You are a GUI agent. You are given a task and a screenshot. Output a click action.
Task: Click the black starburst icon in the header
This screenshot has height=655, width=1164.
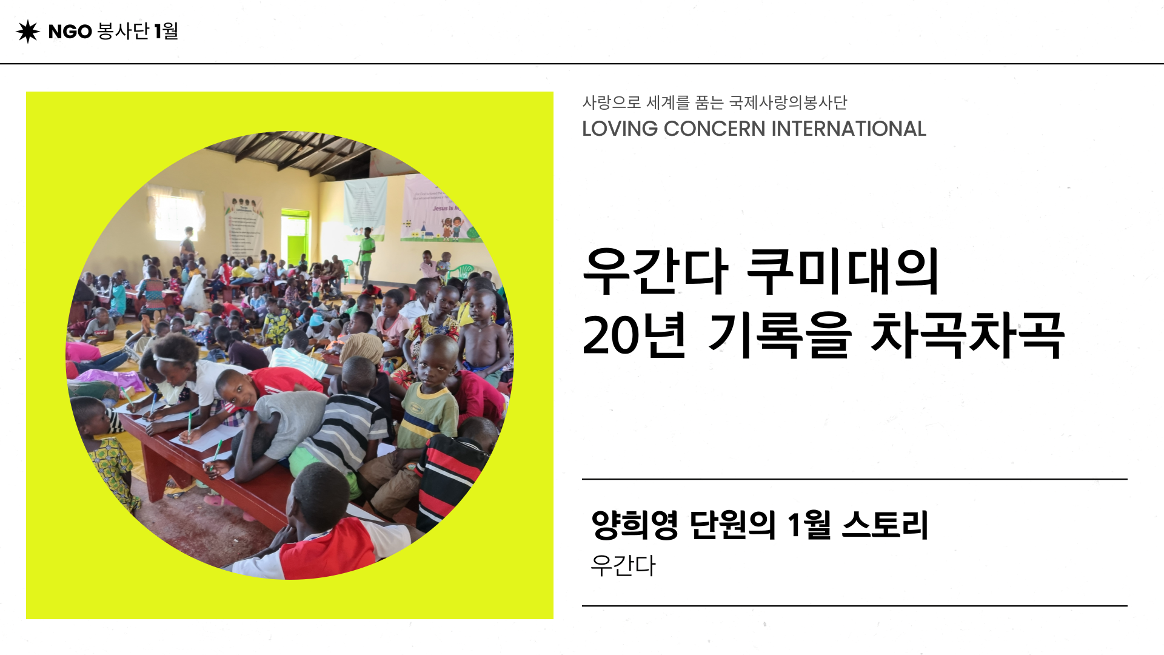tap(28, 32)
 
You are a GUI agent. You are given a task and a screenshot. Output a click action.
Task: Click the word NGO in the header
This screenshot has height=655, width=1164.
tap(70, 32)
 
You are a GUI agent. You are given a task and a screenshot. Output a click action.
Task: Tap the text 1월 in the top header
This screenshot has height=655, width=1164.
tap(166, 31)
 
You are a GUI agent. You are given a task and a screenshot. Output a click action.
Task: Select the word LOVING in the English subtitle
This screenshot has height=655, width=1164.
tap(620, 129)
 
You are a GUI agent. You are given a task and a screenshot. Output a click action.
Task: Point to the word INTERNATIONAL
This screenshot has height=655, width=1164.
tap(849, 129)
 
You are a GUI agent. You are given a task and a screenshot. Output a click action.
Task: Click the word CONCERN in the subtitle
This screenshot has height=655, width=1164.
tap(715, 129)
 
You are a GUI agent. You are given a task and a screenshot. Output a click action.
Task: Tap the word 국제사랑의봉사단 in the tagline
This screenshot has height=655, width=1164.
tap(788, 102)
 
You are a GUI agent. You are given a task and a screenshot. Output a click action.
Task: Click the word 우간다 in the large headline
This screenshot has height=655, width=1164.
tap(655, 271)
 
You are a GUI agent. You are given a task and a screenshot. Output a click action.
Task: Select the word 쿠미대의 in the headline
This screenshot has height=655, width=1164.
tap(843, 271)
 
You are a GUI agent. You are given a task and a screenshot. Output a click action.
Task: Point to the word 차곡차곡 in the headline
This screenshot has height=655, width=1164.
tap(968, 335)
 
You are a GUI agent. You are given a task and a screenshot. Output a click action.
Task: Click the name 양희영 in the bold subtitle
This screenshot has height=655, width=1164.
tap(635, 525)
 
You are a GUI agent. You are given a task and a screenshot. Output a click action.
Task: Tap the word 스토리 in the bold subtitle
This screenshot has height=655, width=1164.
tap(886, 525)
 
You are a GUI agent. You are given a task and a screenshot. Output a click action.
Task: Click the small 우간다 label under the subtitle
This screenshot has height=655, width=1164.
tap(623, 566)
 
